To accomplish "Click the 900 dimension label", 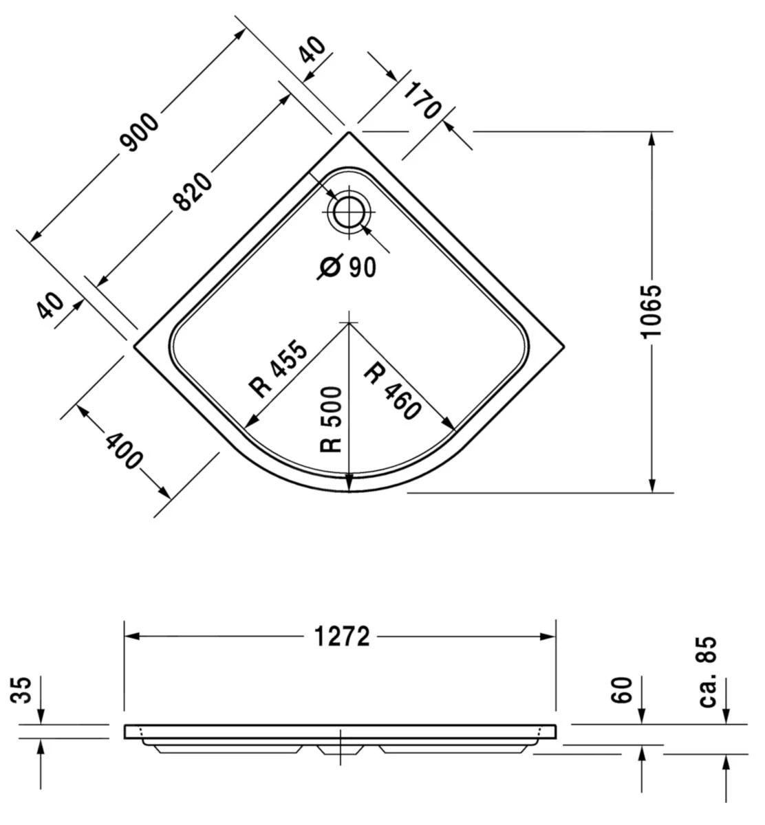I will (x=140, y=131).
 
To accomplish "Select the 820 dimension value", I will (x=193, y=191).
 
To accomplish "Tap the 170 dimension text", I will (x=421, y=100).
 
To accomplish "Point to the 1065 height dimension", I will (x=650, y=310).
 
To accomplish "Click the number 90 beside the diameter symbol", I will (x=362, y=267).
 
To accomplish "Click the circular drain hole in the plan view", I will (x=349, y=211).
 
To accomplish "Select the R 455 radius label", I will (x=279, y=369).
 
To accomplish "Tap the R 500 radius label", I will (x=332, y=419).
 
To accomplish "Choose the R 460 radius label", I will (x=392, y=390).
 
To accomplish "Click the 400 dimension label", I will (x=125, y=450).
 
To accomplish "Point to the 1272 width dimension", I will (x=342, y=637).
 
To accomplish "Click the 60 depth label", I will (x=622, y=690).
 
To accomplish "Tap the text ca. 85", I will (x=709, y=671).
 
